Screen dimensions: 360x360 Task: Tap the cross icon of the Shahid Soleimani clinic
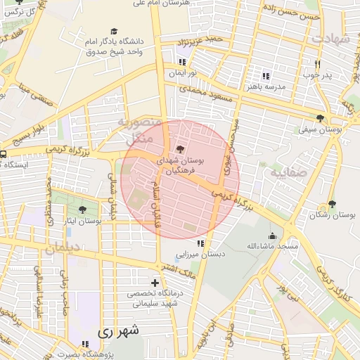pyautogui.click(x=155, y=283)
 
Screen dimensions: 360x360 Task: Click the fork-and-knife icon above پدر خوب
pyautogui.click(x=317, y=64)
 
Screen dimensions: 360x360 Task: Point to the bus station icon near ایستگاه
pyautogui.click(x=4, y=154)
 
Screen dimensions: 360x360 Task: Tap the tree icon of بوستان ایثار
pyautogui.click(x=82, y=210)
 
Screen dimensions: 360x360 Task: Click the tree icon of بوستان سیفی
pyautogui.click(x=321, y=118)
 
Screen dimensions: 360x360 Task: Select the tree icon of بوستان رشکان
pyautogui.click(x=332, y=204)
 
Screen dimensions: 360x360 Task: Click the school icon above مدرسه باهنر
pyautogui.click(x=265, y=76)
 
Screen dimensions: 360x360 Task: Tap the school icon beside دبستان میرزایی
pyautogui.click(x=201, y=244)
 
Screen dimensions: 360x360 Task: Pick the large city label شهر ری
pyautogui.click(x=120, y=330)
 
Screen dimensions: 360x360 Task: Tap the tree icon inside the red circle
pyautogui.click(x=181, y=149)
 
